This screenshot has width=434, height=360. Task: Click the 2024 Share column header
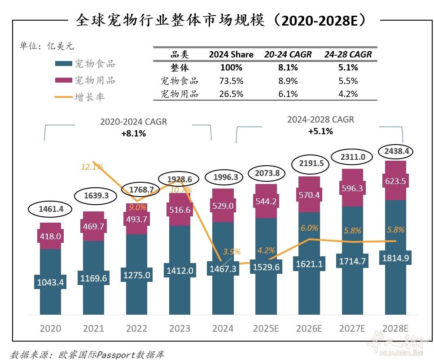[231, 55]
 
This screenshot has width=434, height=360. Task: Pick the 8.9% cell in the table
[288, 81]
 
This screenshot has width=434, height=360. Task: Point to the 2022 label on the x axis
[136, 329]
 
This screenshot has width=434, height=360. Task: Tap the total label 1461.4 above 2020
[50, 209]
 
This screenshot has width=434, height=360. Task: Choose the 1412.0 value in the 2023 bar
[180, 271]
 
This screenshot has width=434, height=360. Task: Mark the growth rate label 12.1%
[92, 167]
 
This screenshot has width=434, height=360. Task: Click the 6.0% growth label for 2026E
[309, 228]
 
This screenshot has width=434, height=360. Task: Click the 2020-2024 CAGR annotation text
[133, 122]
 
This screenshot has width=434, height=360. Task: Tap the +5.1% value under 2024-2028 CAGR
[320, 132]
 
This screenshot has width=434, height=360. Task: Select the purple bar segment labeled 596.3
[353, 189]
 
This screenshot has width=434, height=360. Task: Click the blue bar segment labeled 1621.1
[310, 265]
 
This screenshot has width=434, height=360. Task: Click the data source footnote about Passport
[87, 355]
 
